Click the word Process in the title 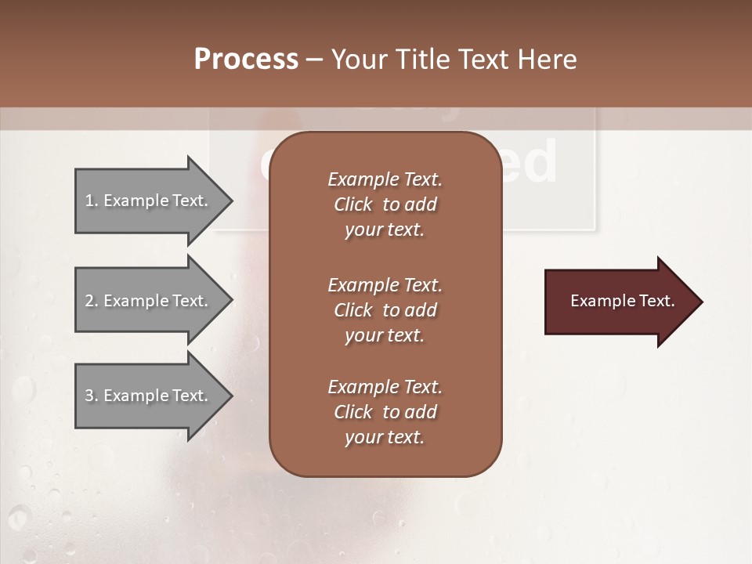point(246,60)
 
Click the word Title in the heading point(422,60)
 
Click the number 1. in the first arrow point(92,201)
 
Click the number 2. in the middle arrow point(92,301)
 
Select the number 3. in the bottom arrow point(92,396)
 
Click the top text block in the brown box point(385,204)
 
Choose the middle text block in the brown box point(385,310)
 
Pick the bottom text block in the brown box point(385,412)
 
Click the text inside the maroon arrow point(622,301)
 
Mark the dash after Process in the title point(315,60)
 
